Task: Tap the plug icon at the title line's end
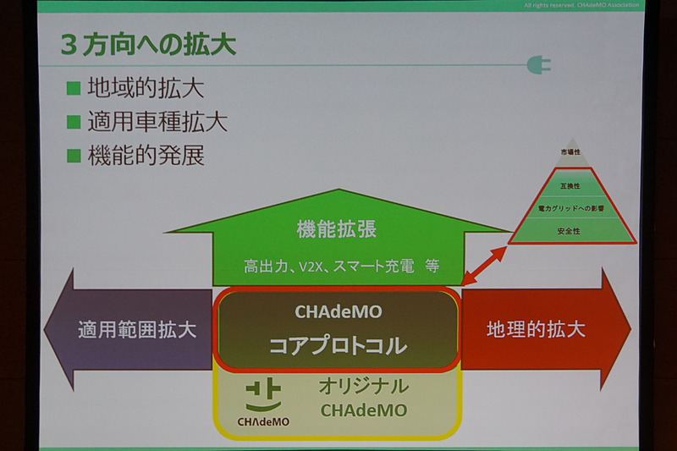(538, 64)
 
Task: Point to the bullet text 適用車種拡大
(157, 123)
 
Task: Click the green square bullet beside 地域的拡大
(74, 89)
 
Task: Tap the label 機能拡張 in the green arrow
(336, 229)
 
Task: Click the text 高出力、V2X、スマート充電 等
(340, 267)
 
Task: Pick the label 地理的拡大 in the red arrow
(537, 329)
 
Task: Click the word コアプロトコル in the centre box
(338, 346)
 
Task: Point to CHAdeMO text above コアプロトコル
(338, 311)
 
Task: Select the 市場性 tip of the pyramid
(572, 152)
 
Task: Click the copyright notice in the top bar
(584, 6)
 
